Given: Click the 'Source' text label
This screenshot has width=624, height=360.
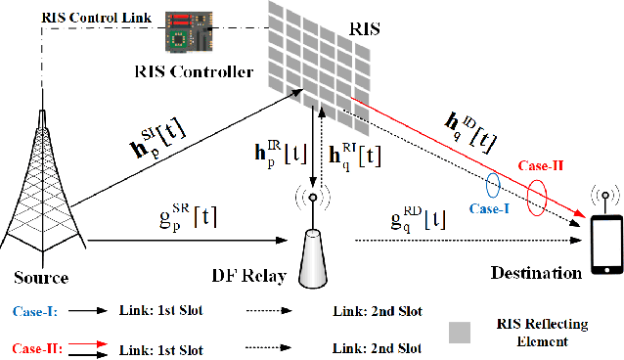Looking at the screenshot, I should pos(41,278).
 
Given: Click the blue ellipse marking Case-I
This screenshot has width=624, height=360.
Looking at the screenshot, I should pos(495,184).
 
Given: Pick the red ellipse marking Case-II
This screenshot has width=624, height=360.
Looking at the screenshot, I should pos(536,197).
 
